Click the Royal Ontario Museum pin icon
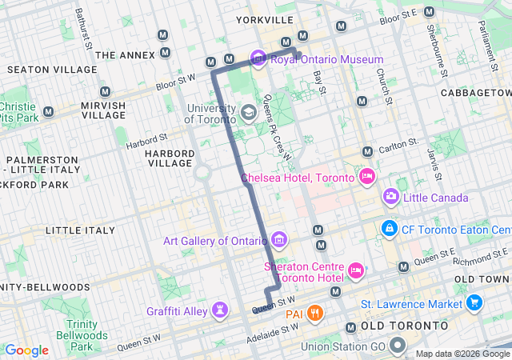(258, 58)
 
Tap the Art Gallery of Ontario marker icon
(279, 239)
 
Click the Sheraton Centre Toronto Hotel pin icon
(357, 272)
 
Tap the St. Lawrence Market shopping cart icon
(474, 303)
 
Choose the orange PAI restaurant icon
(316, 312)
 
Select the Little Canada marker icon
(390, 196)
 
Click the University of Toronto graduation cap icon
(248, 112)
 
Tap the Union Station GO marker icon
(398, 346)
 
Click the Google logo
(26, 350)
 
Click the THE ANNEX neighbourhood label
(124, 55)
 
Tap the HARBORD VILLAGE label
(170, 158)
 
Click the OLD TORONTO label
(404, 326)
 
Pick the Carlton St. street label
(401, 146)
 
